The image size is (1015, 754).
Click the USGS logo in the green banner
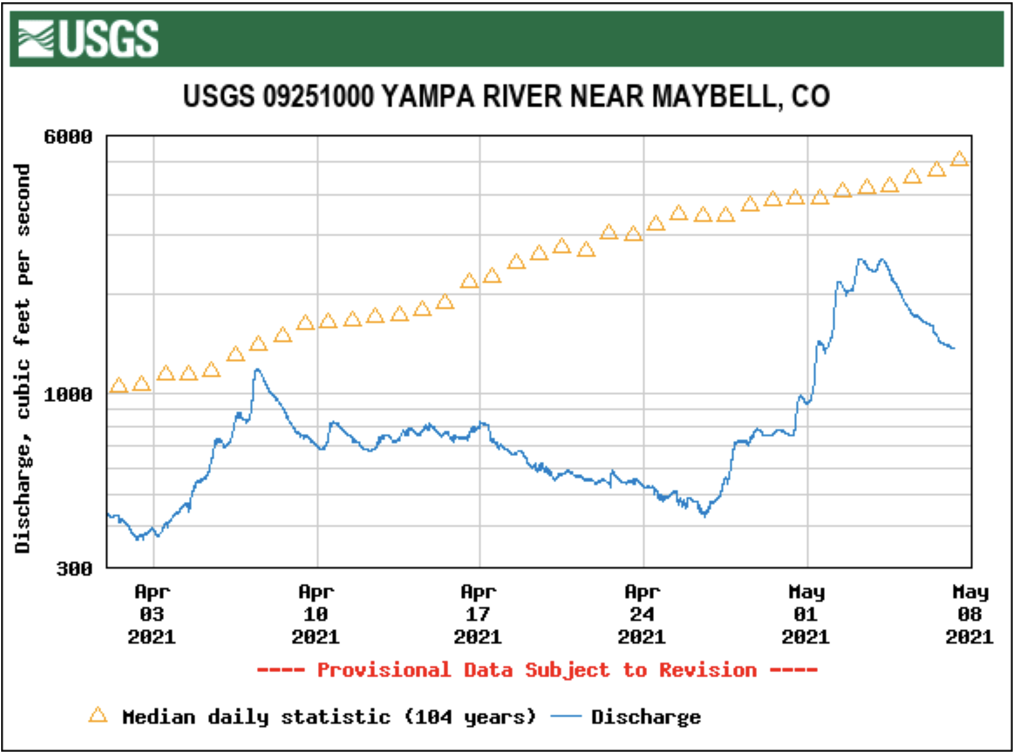[88, 39]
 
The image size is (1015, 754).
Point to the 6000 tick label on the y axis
[68, 137]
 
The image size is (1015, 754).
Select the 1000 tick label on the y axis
[68, 395]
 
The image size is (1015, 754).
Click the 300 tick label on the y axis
[74, 568]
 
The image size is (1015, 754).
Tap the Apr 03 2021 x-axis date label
[152, 615]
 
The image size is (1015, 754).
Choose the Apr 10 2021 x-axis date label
[316, 615]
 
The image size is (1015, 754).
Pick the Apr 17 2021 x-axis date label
[478, 615]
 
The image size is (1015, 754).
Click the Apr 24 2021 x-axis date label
[642, 615]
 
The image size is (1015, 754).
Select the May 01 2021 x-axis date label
[806, 615]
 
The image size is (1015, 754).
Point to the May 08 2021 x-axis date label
[970, 615]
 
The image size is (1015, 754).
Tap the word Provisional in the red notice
[384, 670]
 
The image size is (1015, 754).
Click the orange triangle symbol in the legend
[98, 715]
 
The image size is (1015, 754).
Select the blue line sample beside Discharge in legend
[565, 717]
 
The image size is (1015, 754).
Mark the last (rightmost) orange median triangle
[959, 159]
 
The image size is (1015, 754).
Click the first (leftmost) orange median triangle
[119, 385]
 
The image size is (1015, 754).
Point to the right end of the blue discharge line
[953, 348]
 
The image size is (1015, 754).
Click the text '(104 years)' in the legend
[470, 717]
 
